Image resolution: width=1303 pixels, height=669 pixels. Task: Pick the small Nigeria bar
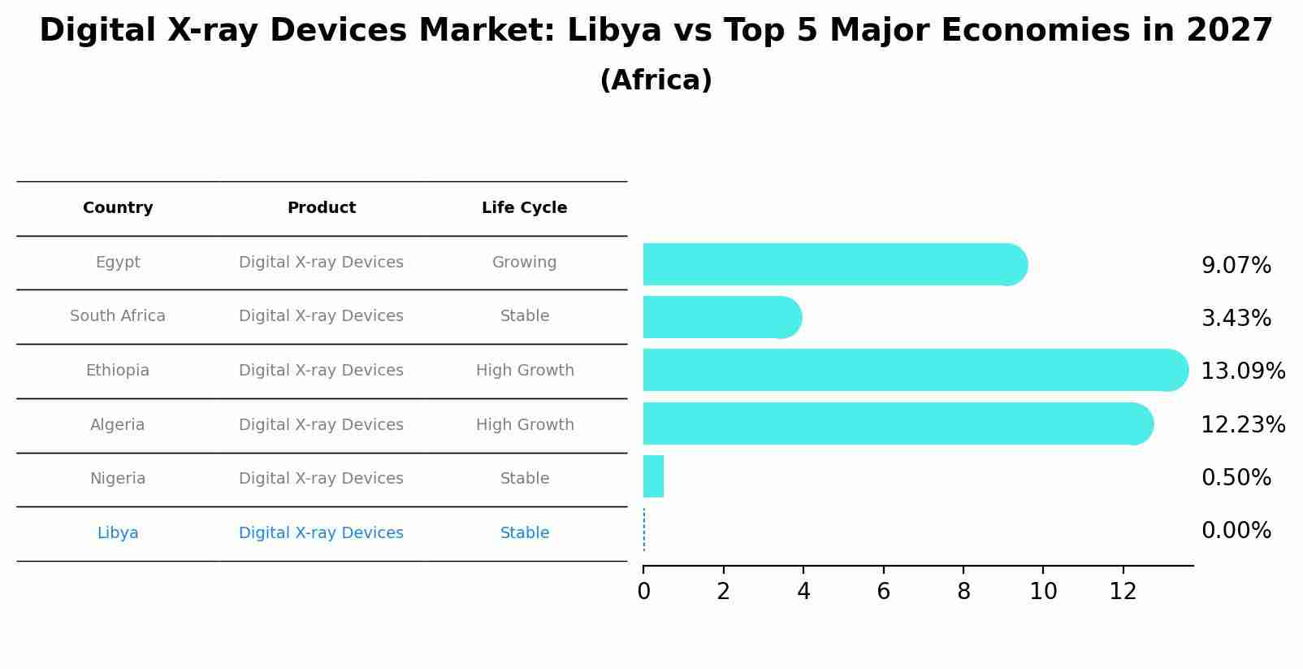tap(653, 476)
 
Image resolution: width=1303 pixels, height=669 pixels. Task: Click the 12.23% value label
tap(1242, 424)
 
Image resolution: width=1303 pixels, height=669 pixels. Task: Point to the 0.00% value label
tap(1236, 531)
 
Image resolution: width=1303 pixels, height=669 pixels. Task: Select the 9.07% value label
tap(1236, 266)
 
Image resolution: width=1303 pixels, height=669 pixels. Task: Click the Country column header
tap(118, 208)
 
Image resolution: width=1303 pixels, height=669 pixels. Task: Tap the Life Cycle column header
tap(524, 208)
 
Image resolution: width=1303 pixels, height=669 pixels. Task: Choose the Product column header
tap(321, 208)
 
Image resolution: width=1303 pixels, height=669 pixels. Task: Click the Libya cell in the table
tap(118, 533)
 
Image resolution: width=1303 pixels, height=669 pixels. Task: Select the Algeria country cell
tap(118, 425)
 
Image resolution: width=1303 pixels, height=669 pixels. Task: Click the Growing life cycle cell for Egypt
tap(524, 263)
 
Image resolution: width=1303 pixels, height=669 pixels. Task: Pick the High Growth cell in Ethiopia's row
tap(524, 371)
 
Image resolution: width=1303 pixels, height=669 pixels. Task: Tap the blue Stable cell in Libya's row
tap(524, 533)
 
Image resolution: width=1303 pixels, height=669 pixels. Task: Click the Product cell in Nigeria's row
tap(321, 479)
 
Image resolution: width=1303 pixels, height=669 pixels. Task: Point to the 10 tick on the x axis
tap(1043, 592)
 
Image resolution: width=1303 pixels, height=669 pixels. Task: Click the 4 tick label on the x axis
tap(803, 592)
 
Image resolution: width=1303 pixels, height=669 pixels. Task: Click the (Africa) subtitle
tap(656, 80)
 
